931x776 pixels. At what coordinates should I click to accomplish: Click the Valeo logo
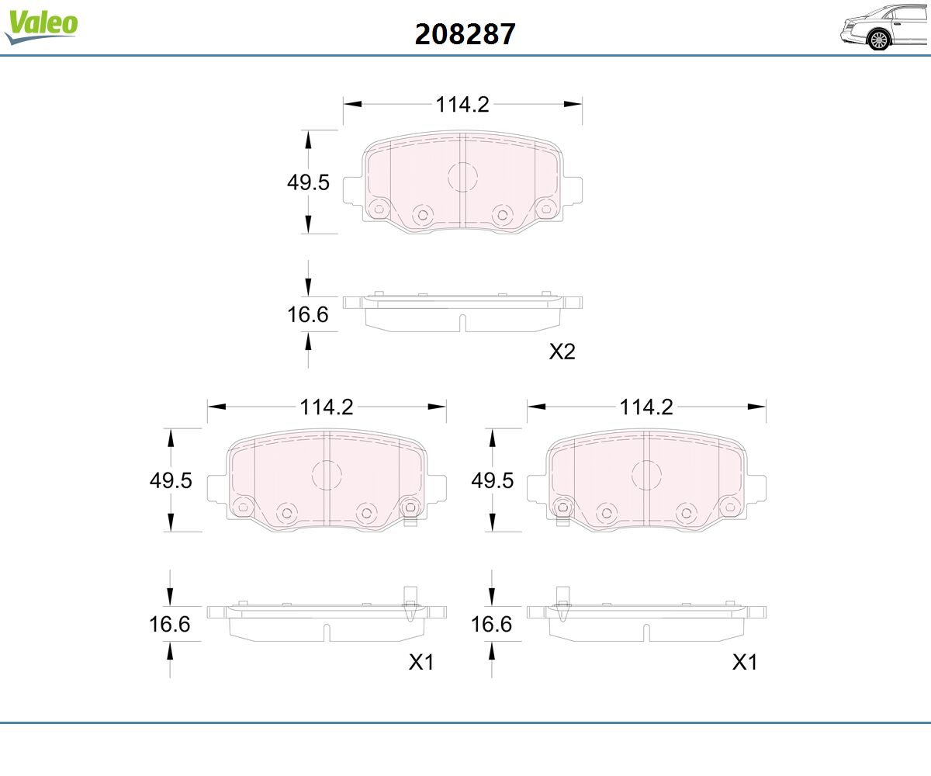pos(41,26)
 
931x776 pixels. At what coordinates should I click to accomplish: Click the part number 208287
pos(465,34)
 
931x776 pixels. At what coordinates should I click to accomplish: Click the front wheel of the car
pos(879,40)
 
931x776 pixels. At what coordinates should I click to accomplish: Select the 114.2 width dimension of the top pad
pos(462,104)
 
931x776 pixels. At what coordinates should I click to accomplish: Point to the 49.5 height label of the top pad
pos(308,182)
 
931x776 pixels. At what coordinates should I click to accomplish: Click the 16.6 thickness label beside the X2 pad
pos(308,314)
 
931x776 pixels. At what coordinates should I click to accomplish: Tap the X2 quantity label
pos(562,352)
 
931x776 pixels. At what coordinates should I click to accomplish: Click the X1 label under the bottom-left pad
pos(421,662)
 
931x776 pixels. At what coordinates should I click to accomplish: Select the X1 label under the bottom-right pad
pos(745,662)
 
